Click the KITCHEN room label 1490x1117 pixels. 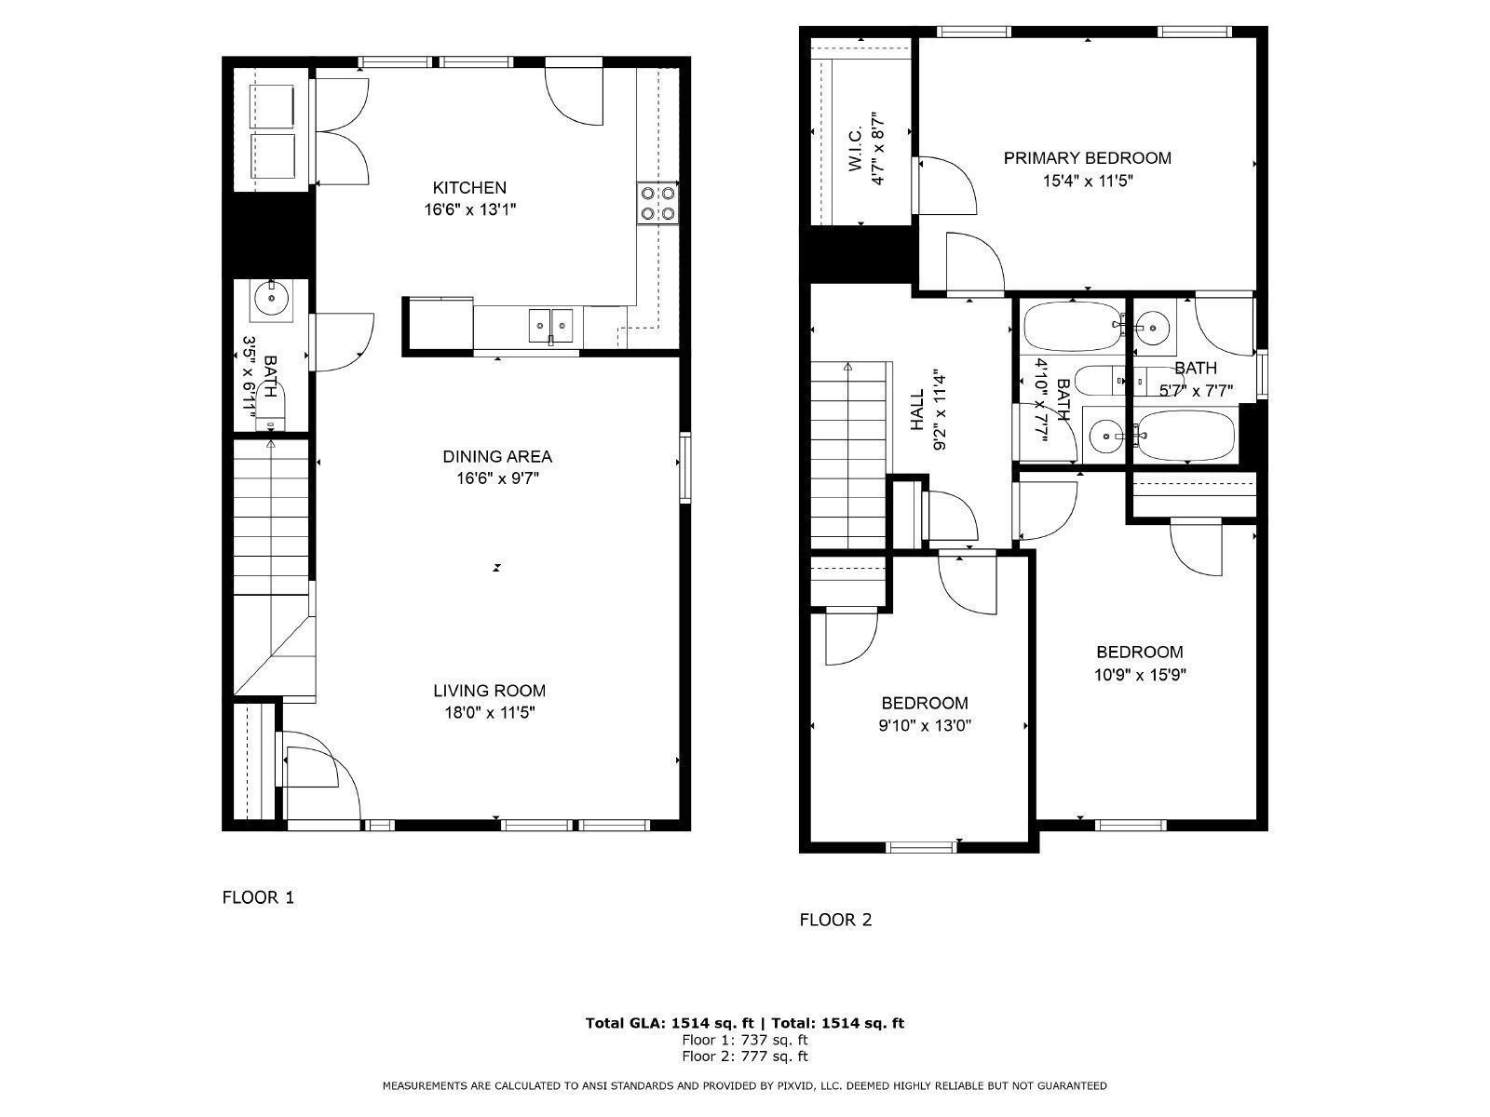(469, 187)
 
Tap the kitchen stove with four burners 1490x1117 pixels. (657, 204)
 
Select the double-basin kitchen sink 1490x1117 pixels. (551, 326)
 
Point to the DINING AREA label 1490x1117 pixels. (496, 456)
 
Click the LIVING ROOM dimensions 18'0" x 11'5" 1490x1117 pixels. (489, 713)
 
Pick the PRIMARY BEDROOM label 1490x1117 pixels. (1087, 158)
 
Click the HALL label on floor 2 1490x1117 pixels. (917, 410)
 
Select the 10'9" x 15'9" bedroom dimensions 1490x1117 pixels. (1139, 674)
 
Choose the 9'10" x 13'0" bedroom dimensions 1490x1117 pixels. (925, 725)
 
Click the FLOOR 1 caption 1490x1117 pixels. (258, 897)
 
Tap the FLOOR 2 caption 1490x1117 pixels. (835, 920)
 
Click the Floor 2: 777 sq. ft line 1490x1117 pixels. (744, 1056)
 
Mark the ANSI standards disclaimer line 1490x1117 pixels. (744, 1085)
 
